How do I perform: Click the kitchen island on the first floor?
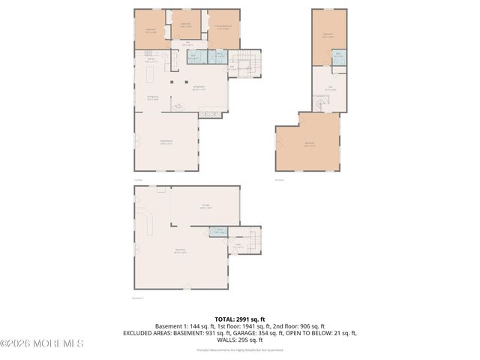pyautogui.click(x=148, y=76)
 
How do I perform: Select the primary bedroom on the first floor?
pyautogui.click(x=223, y=29)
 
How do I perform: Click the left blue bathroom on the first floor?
pyautogui.click(x=194, y=57)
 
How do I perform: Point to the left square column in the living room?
pyautogui.click(x=172, y=82)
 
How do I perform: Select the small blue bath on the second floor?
pyautogui.click(x=338, y=55)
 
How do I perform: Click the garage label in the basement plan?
pyautogui.click(x=205, y=205)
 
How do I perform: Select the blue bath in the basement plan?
pyautogui.click(x=217, y=232)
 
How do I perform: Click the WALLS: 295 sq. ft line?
pyautogui.click(x=239, y=340)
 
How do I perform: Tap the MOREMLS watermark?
pyautogui.click(x=43, y=343)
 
